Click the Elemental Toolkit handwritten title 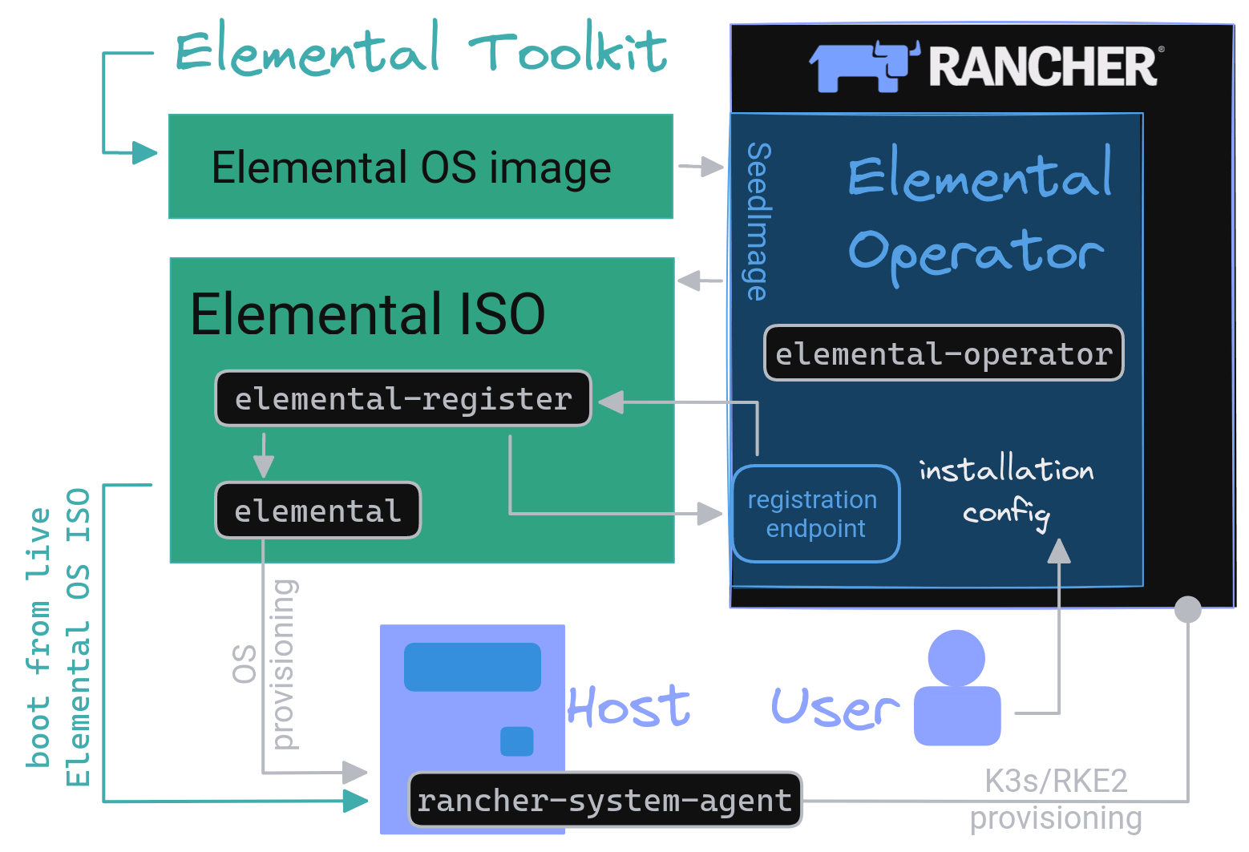click(x=421, y=50)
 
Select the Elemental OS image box click(x=420, y=167)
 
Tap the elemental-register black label click(x=403, y=398)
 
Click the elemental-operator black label click(x=944, y=353)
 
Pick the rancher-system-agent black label click(x=604, y=800)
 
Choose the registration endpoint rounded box click(x=815, y=514)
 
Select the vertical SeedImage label click(x=758, y=221)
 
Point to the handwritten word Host click(x=629, y=707)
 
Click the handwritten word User click(x=834, y=709)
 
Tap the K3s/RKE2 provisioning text click(x=1056, y=799)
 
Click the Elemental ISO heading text click(x=367, y=313)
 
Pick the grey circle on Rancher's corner click(x=1187, y=609)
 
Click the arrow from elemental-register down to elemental click(x=263, y=455)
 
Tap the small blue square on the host click(x=517, y=741)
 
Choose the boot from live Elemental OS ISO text click(x=59, y=637)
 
